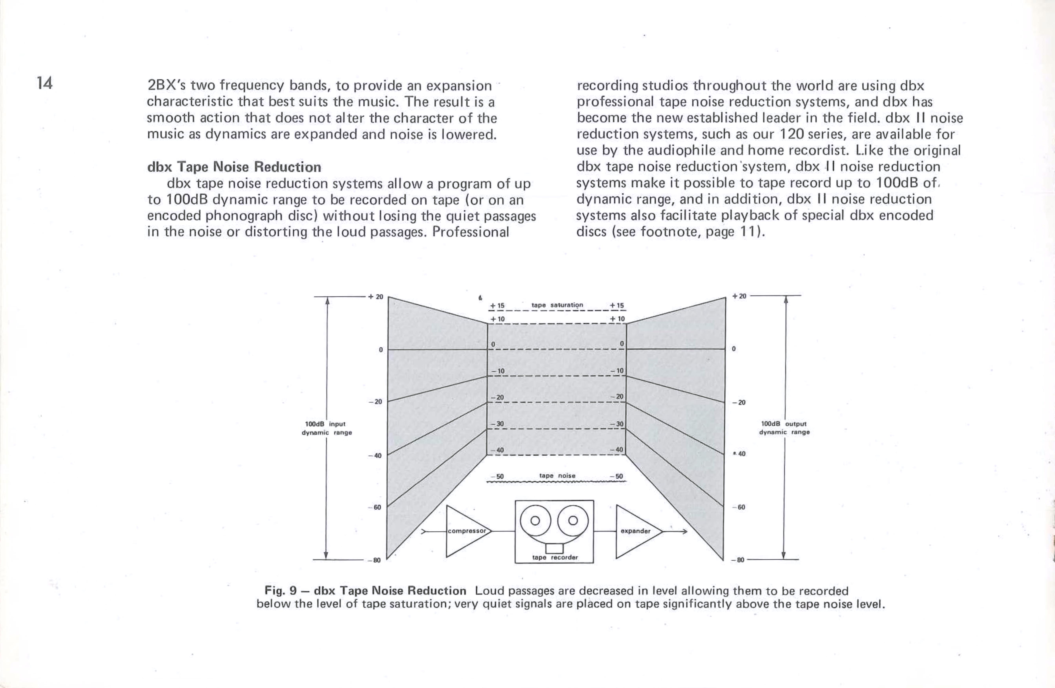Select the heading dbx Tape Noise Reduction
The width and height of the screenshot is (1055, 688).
coord(234,167)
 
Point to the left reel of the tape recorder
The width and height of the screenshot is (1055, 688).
coord(535,521)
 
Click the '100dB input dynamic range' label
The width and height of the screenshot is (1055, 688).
coord(327,428)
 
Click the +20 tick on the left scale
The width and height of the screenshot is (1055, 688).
coord(376,296)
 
